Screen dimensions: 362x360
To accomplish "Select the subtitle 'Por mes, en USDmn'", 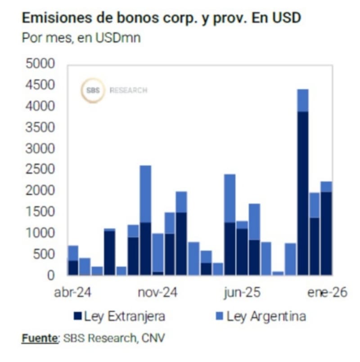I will coord(81,38).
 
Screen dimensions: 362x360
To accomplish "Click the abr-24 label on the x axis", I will coord(72,292).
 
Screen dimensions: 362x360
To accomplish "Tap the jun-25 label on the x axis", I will coord(241,292).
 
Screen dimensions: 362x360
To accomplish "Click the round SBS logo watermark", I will coord(93,90).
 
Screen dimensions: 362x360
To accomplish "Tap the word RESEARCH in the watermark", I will coord(128,90).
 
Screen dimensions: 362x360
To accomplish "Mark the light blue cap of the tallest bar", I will coord(303,100).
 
